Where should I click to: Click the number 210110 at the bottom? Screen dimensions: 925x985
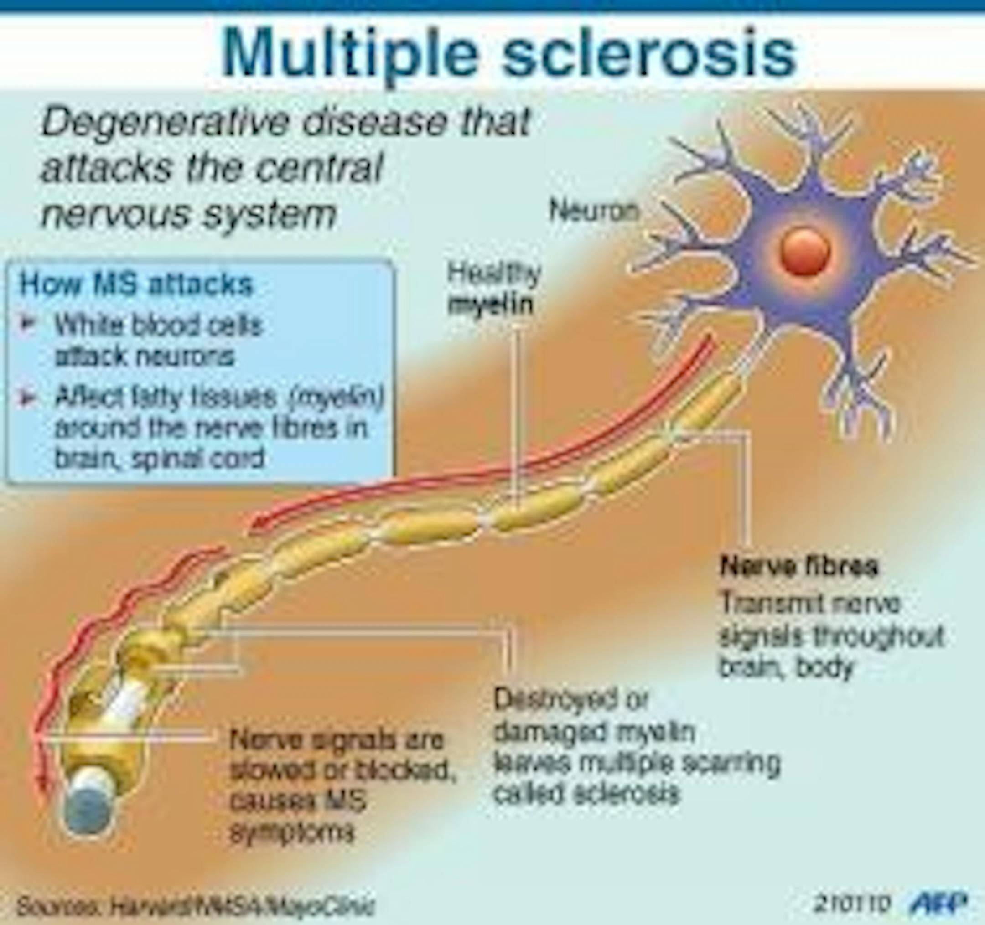point(854,904)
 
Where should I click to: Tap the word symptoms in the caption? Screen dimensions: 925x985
point(292,832)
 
